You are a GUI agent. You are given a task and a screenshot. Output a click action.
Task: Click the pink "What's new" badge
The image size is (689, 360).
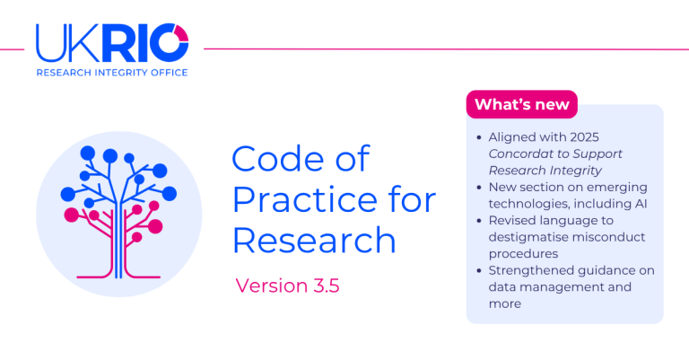(521, 104)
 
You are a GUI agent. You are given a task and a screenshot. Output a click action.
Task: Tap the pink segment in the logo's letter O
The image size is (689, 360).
(182, 32)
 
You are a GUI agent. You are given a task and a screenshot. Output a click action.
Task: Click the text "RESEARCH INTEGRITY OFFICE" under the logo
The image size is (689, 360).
(112, 73)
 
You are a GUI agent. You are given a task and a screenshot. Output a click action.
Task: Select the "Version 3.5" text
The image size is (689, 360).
(287, 285)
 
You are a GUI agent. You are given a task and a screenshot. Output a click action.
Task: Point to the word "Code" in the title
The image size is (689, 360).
(280, 159)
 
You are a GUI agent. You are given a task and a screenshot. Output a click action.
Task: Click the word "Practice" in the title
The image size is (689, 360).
(304, 200)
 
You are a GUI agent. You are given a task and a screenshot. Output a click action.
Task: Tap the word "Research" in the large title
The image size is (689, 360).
(314, 241)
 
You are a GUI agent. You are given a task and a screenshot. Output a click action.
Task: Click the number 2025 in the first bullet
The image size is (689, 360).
(584, 137)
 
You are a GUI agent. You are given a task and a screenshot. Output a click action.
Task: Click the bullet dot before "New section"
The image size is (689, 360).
(479, 188)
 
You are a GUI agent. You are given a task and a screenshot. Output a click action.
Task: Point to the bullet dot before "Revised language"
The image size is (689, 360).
(479, 221)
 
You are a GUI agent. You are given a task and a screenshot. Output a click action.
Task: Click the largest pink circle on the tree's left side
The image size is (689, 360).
(72, 215)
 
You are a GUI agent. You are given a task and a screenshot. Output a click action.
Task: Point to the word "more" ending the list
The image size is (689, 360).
(505, 304)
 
